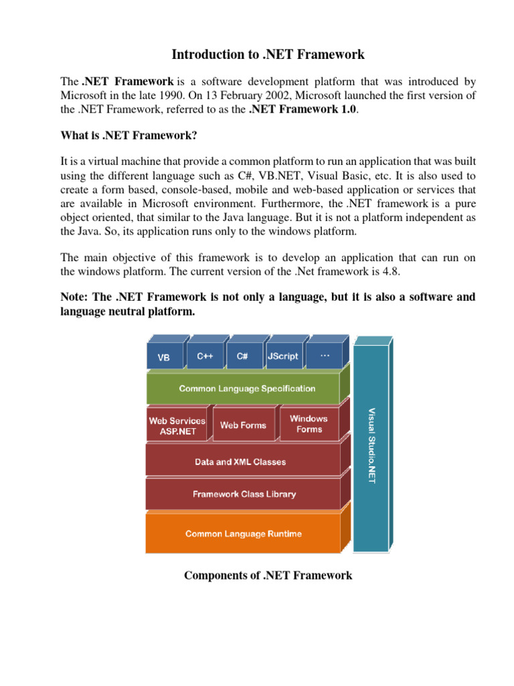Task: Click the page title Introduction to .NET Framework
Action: click(268, 54)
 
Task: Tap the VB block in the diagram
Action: click(163, 358)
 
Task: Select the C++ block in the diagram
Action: click(205, 356)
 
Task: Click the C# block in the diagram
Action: click(242, 356)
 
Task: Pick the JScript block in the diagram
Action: click(282, 356)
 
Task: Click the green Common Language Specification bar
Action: click(247, 389)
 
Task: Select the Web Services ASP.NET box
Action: click(177, 426)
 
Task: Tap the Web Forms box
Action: click(243, 425)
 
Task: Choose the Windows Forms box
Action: click(309, 424)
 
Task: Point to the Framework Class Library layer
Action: click(244, 494)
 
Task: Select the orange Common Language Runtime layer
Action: click(244, 534)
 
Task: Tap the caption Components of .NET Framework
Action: click(268, 575)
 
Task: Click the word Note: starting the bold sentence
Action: click(76, 297)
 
